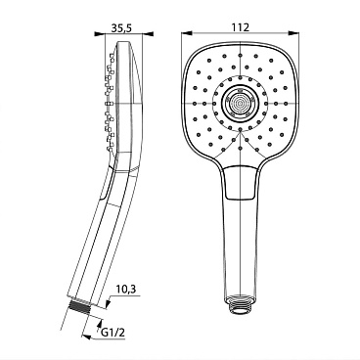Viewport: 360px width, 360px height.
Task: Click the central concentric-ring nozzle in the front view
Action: (x=238, y=103)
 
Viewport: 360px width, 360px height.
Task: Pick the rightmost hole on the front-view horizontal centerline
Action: (x=283, y=103)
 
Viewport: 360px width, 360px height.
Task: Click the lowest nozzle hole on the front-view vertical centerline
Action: (x=238, y=149)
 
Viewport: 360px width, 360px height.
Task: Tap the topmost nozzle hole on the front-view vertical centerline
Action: (x=238, y=58)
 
